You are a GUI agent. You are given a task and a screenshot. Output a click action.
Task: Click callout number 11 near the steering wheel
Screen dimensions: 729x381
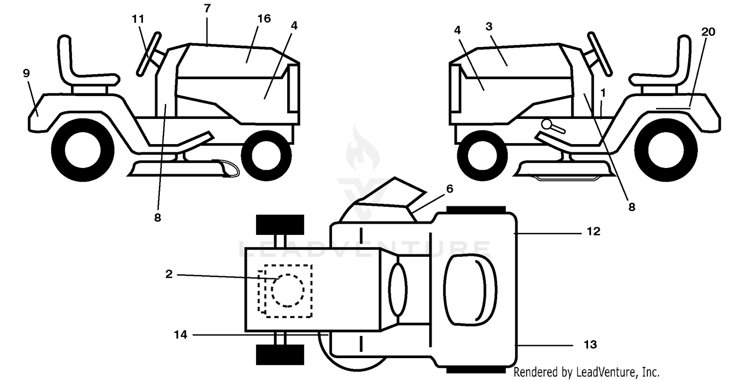(x=138, y=19)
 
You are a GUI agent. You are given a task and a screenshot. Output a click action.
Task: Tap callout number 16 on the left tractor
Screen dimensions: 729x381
(x=264, y=18)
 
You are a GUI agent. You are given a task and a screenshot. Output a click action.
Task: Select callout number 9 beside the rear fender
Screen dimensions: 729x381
(x=26, y=73)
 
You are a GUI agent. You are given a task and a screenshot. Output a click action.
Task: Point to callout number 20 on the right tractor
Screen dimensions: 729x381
(x=708, y=32)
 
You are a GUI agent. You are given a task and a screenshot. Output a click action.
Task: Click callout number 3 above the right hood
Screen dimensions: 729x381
(x=489, y=27)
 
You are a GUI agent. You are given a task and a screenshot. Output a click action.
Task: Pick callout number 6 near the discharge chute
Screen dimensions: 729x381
(x=450, y=188)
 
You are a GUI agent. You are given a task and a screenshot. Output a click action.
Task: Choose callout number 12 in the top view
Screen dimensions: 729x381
(x=593, y=232)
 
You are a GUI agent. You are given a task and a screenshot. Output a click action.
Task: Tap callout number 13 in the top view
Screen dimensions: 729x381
(x=590, y=345)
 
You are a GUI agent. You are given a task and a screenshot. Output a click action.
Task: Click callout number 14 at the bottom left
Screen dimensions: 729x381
(x=181, y=334)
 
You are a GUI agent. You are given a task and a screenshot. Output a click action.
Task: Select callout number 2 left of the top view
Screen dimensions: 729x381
(x=169, y=274)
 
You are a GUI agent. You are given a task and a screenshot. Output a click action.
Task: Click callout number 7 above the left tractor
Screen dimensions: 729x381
(x=208, y=8)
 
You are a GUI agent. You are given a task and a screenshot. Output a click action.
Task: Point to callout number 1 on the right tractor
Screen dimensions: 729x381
(x=603, y=93)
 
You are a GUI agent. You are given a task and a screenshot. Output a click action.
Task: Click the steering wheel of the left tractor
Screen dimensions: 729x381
(x=149, y=54)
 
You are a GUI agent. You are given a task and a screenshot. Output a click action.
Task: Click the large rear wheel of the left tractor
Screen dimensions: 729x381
(x=83, y=150)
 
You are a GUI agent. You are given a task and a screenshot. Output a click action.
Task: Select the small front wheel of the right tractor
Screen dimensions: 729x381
(x=482, y=156)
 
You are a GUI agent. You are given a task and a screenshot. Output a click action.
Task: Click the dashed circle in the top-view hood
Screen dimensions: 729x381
(x=288, y=290)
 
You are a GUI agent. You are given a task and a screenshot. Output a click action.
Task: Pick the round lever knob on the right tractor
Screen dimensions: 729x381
(x=547, y=124)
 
